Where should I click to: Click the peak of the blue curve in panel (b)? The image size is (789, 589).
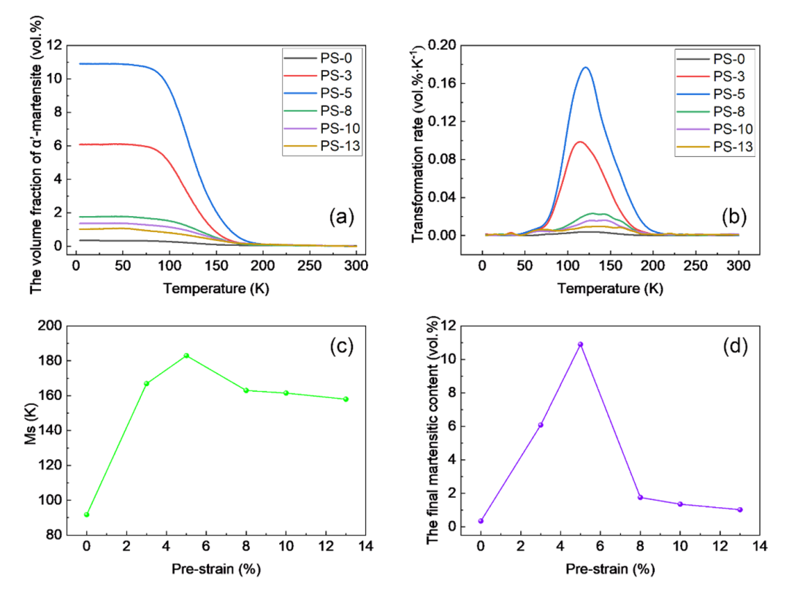585,67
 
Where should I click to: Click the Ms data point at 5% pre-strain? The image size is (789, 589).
186,355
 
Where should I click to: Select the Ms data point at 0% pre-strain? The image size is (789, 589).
87,515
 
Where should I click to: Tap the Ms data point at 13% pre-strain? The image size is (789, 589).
346,399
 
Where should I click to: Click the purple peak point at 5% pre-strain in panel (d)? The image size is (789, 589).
581,344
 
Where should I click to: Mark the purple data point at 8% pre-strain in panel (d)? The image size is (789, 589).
640,498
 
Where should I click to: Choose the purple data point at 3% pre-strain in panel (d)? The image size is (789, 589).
541,425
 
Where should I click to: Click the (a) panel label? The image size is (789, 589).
343,216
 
